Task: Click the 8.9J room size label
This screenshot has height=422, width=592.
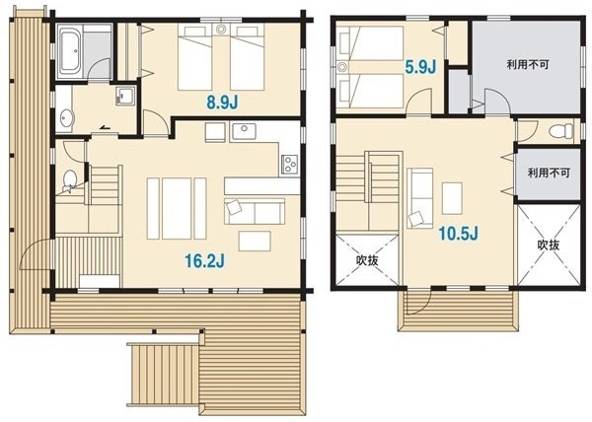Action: click(x=222, y=102)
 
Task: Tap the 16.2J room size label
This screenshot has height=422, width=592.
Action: click(x=204, y=260)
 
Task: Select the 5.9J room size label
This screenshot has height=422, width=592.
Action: click(x=420, y=67)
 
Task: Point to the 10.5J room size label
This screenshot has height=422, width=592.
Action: click(x=458, y=234)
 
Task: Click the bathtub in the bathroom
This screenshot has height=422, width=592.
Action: click(x=70, y=51)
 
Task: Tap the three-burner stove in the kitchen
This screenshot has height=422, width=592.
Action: click(x=289, y=165)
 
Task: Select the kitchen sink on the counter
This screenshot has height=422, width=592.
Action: click(x=244, y=131)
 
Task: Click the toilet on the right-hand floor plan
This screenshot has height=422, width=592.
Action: click(x=561, y=131)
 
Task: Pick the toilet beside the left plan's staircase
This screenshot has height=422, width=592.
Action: click(x=69, y=180)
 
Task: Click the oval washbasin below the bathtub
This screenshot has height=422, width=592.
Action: click(x=66, y=118)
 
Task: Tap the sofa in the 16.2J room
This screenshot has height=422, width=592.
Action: click(x=255, y=211)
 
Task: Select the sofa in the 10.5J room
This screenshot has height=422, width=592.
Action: click(x=420, y=198)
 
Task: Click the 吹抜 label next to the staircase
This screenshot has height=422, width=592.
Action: click(x=367, y=260)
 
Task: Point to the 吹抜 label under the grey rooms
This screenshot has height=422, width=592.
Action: click(x=549, y=246)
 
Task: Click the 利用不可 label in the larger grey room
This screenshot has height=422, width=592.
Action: click(x=528, y=64)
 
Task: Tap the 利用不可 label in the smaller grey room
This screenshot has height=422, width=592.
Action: click(x=549, y=174)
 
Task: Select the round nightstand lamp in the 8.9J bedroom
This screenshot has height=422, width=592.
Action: click(x=221, y=29)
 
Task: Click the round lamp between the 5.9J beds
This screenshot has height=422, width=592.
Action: click(x=342, y=67)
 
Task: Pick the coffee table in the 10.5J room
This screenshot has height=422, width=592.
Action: click(x=452, y=198)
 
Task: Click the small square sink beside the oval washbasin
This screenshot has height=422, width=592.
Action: click(x=125, y=96)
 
